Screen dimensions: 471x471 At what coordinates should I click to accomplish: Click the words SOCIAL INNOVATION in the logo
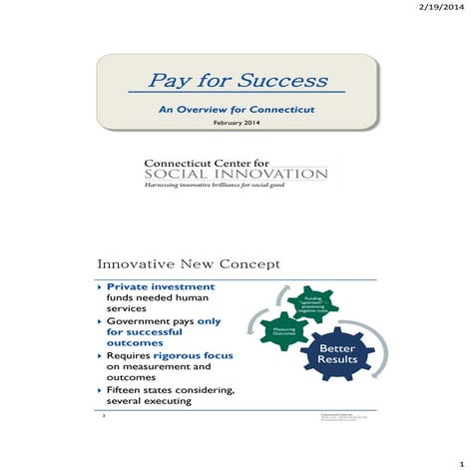tap(235, 174)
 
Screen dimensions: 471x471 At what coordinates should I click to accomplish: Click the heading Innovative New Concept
tap(188, 263)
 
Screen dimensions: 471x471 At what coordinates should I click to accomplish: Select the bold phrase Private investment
tap(161, 286)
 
